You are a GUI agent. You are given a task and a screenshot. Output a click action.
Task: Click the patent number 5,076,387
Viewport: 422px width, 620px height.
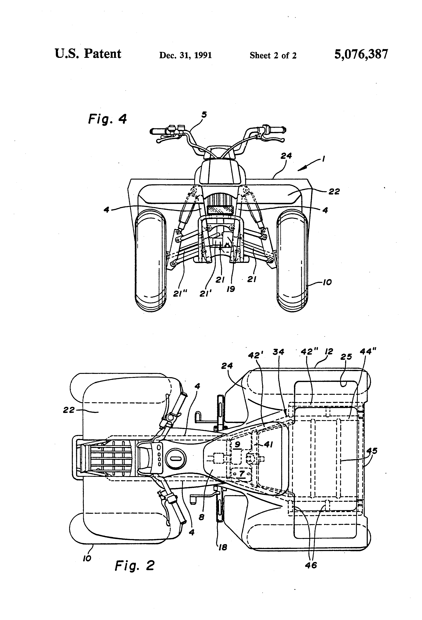coord(361,54)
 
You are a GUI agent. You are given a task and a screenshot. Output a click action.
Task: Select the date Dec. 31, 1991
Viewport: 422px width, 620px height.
coord(185,55)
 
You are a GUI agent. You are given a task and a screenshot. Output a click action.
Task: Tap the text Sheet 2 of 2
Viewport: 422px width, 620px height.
coord(273,55)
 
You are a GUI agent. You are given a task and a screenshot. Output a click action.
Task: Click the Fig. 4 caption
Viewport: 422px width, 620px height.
coord(107,119)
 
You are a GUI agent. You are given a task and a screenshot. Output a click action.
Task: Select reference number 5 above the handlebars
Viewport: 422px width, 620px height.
coord(204,115)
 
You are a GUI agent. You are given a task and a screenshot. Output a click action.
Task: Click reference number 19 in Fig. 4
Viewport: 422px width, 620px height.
coord(230,289)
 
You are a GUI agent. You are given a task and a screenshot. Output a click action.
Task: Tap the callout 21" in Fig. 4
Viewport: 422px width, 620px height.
coord(180,293)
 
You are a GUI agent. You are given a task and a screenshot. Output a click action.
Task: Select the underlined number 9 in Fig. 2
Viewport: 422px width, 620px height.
coord(237,444)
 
